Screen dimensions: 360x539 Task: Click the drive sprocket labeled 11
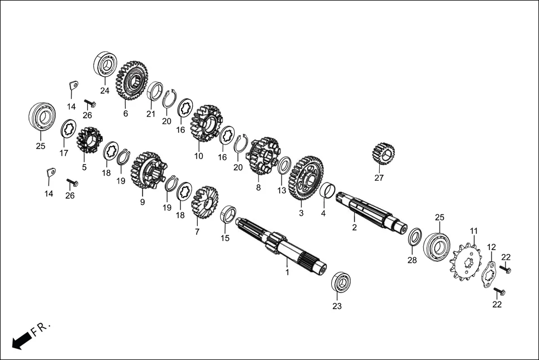click(466, 261)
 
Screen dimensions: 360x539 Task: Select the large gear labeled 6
click(131, 80)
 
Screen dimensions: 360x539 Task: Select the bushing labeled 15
click(228, 215)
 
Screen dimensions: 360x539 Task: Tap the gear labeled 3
click(306, 178)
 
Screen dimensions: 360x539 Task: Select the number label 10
click(199, 156)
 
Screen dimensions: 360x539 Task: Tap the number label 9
click(142, 202)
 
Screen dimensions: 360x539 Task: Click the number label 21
click(150, 114)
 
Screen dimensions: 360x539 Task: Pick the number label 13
click(282, 190)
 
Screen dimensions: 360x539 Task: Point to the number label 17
click(64, 152)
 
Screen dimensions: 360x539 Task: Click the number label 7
click(197, 231)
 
